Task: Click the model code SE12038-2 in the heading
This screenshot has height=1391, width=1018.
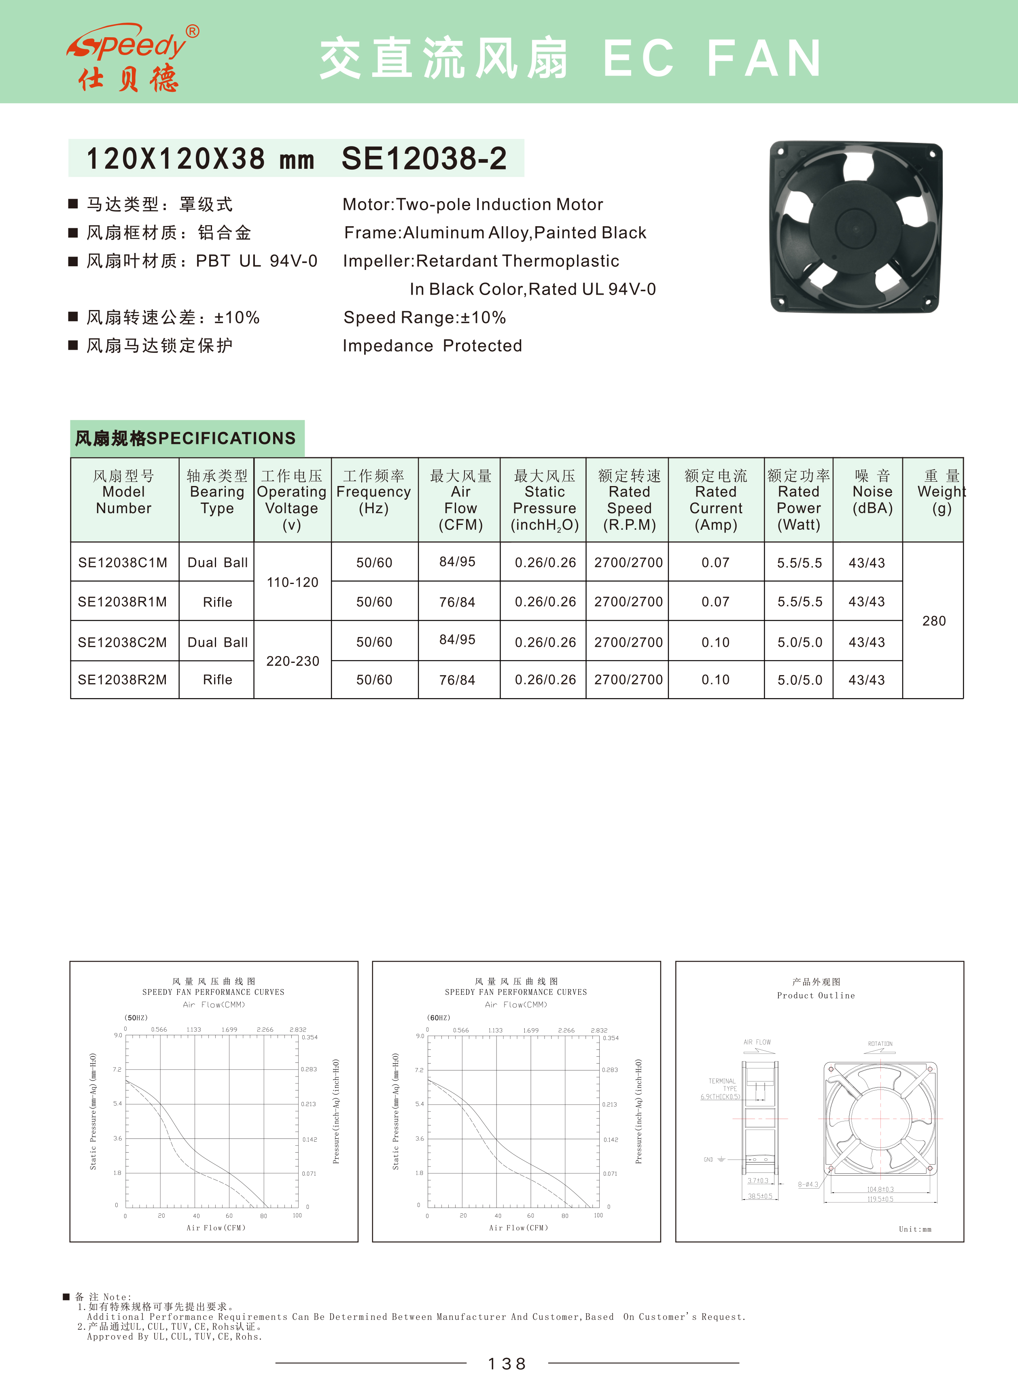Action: [x=424, y=158]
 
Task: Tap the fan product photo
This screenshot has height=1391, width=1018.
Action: [x=855, y=227]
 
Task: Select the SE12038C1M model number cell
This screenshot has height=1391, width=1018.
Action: [x=123, y=563]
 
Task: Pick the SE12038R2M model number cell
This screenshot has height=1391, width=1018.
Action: [x=123, y=680]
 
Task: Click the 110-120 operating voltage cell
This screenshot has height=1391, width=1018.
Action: [x=293, y=582]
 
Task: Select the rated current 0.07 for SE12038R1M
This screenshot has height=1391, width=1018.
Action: [x=715, y=601]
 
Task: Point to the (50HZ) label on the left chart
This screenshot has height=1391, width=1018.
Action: [x=136, y=1017]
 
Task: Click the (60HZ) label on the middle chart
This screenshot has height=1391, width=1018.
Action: [x=439, y=1017]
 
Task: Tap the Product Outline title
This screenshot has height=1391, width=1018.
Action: [x=816, y=995]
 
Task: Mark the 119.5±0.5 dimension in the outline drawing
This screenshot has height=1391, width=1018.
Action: [x=880, y=1199]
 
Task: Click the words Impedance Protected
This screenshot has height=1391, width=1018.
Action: [x=432, y=346]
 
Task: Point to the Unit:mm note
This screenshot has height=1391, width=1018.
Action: [x=915, y=1229]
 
